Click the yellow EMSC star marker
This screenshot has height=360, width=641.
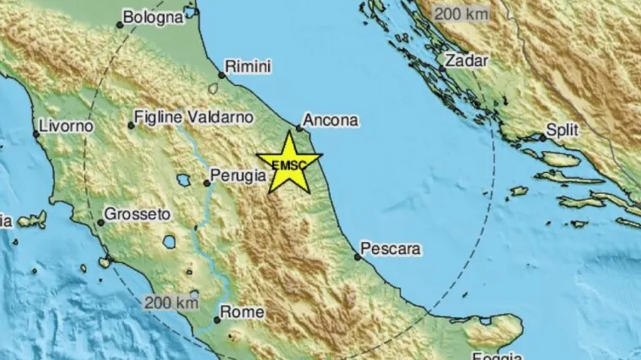289,163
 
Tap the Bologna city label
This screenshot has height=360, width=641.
153,16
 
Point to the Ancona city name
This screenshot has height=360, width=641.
331,121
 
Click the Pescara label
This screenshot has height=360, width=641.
390,249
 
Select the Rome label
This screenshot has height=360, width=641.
243,312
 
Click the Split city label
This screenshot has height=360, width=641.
562,132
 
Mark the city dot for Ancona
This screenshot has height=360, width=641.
299,129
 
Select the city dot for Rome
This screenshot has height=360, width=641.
217,320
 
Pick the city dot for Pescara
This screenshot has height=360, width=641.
357,256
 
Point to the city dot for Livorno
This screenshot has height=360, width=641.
36,133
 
